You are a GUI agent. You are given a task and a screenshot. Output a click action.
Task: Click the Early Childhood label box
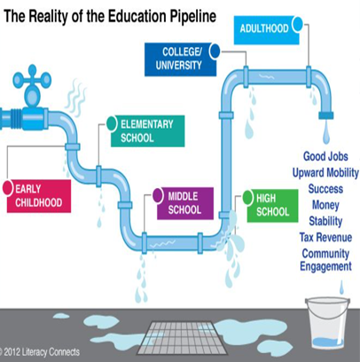point(39,196)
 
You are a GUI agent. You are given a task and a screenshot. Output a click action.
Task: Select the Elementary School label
point(147,131)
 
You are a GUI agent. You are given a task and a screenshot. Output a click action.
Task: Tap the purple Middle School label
point(185,203)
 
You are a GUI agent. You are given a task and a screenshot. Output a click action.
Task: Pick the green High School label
point(272,206)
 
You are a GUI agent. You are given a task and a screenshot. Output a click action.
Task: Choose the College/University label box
point(180,59)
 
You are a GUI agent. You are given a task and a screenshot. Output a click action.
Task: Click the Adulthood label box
point(266,30)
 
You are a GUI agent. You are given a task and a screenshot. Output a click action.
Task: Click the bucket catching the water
point(327,324)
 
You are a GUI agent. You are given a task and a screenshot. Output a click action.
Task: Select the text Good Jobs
point(325,156)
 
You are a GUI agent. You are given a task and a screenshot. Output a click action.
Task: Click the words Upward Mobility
point(325,172)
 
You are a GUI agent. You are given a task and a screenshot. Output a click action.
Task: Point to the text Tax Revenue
point(325,237)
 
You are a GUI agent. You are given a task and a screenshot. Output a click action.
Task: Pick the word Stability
point(325,221)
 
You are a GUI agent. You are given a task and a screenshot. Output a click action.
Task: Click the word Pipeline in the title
point(193,16)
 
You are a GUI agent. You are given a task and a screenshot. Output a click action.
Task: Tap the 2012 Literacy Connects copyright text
point(40,352)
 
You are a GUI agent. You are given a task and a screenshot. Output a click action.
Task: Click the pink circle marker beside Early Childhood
point(8,188)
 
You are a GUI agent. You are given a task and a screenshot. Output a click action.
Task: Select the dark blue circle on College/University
point(215,51)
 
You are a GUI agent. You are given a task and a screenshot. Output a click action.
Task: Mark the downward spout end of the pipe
point(326,115)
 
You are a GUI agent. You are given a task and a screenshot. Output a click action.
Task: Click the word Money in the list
point(325,205)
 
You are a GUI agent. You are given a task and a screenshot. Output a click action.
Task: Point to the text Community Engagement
point(325,260)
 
